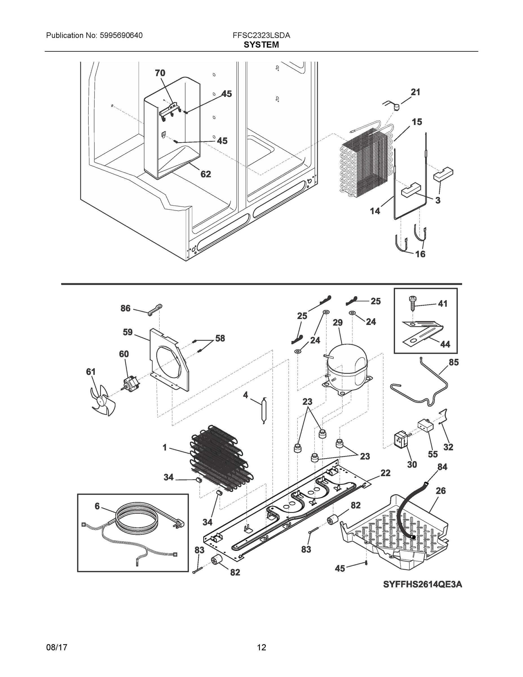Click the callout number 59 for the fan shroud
(x=128, y=332)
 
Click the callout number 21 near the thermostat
(x=416, y=92)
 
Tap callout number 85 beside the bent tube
(x=454, y=362)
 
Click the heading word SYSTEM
(x=261, y=45)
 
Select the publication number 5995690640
(x=121, y=36)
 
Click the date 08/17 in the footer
(x=57, y=647)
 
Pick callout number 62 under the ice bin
(x=206, y=174)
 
